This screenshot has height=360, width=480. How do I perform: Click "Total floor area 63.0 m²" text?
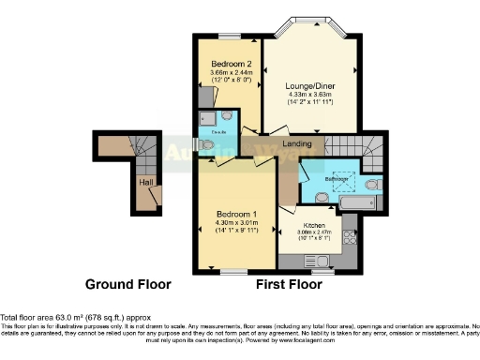56,318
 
